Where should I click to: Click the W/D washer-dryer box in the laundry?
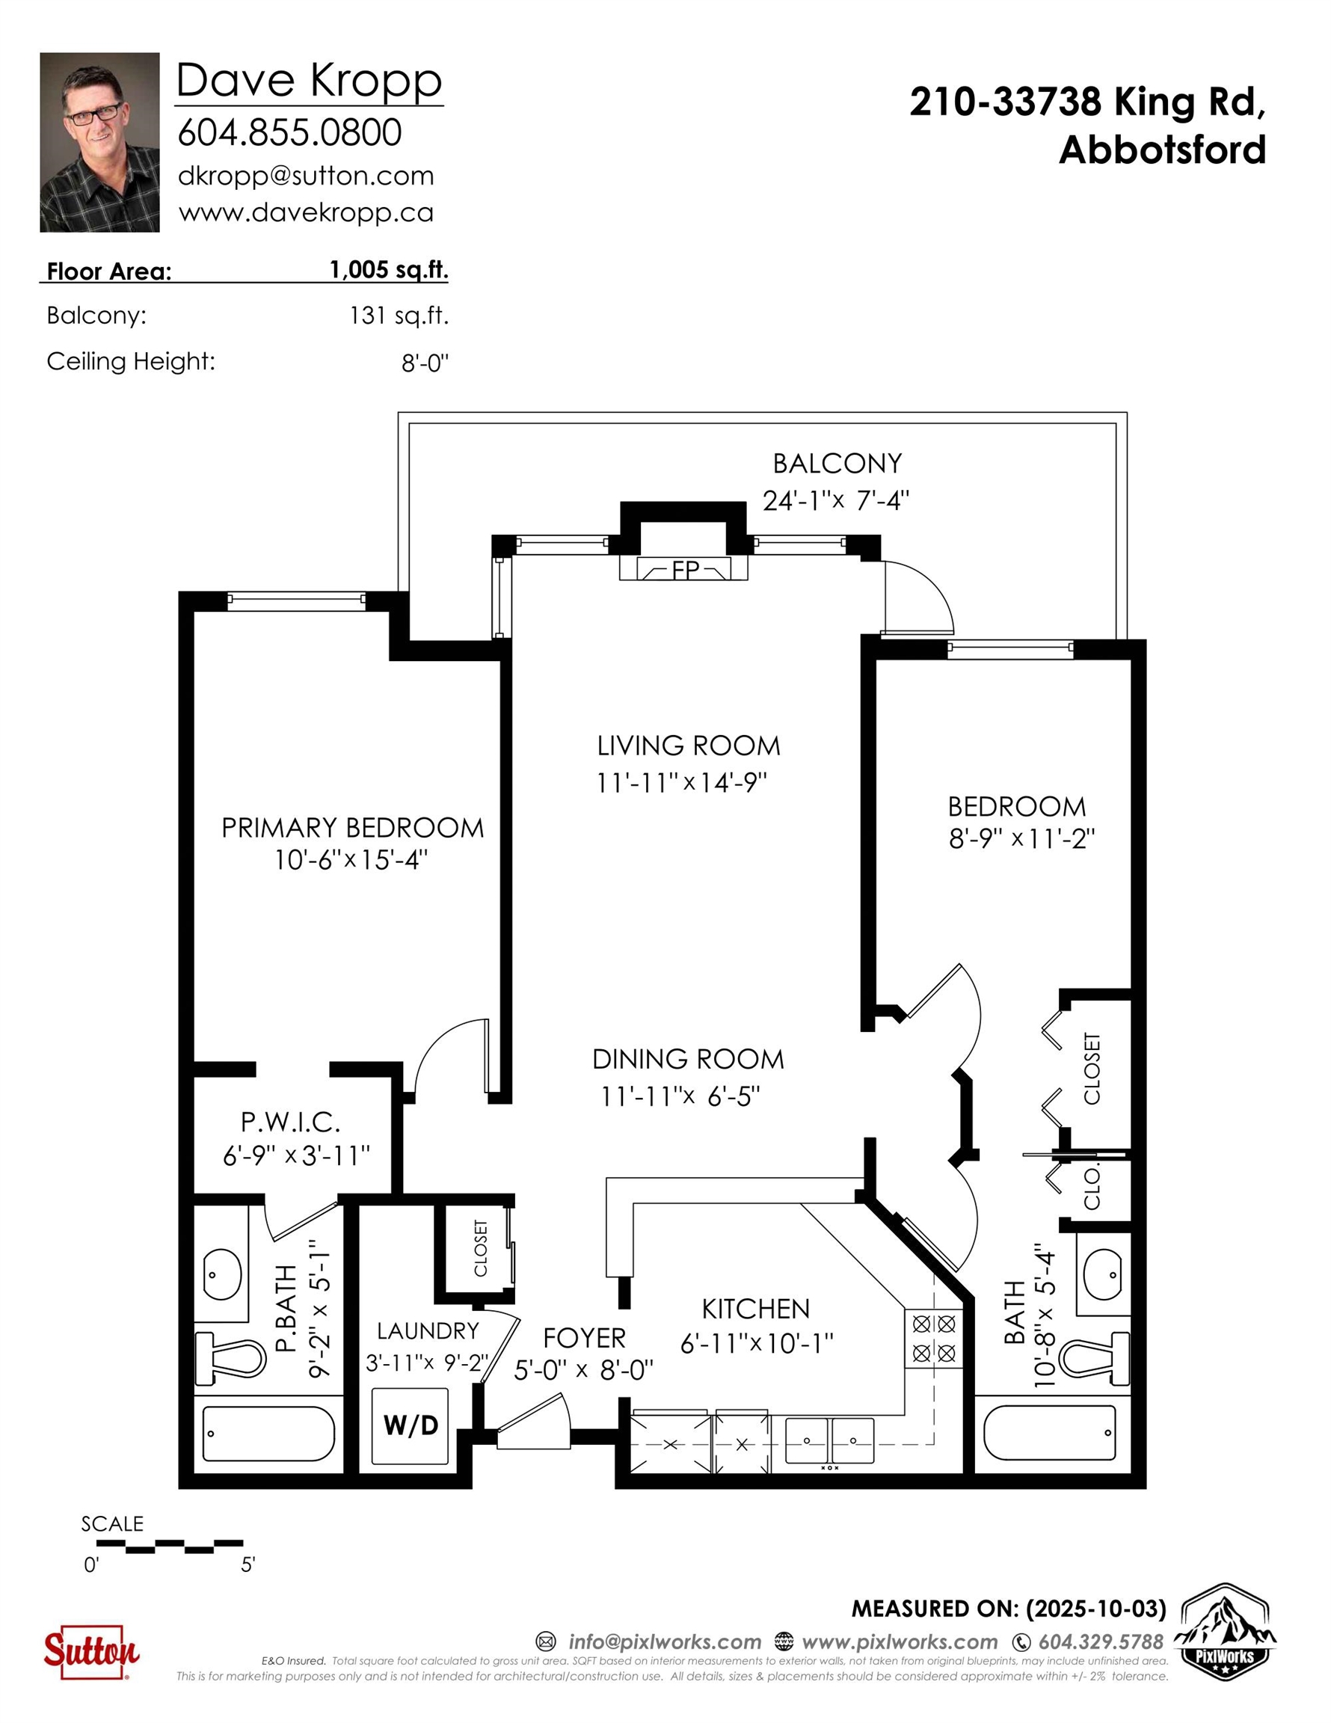[x=411, y=1425]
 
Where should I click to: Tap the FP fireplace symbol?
[x=683, y=569]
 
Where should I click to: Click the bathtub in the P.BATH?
[x=269, y=1434]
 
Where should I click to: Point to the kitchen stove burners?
[x=934, y=1338]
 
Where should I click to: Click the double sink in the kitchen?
[x=829, y=1440]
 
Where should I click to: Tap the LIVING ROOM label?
[x=689, y=746]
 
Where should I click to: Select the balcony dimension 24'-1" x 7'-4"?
[x=836, y=500]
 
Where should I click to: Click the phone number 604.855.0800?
[x=289, y=132]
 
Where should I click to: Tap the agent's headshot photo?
[x=99, y=142]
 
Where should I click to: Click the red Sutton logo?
[x=90, y=1651]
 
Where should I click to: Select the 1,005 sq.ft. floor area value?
[x=389, y=270]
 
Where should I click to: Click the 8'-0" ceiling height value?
[x=425, y=363]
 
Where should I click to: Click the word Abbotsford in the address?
[x=1162, y=150]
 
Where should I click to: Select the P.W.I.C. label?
[x=290, y=1122]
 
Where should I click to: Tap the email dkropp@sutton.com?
[x=306, y=176]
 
